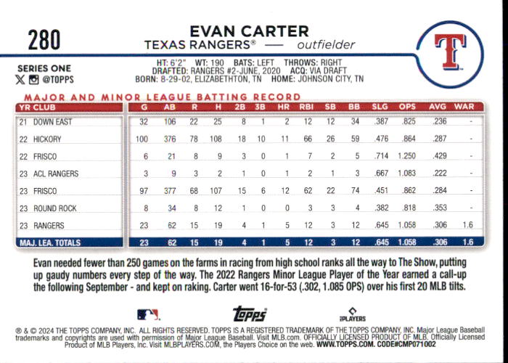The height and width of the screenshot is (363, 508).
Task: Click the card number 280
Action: (44, 39)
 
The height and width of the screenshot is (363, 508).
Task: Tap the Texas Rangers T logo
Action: (450, 52)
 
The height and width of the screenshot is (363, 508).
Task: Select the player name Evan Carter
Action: (249, 31)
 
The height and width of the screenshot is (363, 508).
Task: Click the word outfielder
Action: (326, 45)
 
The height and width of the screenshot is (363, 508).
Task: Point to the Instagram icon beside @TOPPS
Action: (33, 79)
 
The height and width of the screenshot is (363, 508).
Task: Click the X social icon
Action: (20, 79)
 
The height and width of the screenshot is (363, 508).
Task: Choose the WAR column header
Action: (464, 107)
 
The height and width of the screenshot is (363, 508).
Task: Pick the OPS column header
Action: (407, 107)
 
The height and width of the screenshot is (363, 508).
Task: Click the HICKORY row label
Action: (47, 139)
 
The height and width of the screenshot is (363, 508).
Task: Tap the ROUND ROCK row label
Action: (54, 208)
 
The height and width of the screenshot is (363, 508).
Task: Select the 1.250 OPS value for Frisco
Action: (406, 156)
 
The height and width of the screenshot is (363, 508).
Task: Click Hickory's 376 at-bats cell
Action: (170, 139)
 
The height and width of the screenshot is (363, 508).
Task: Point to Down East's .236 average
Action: (439, 121)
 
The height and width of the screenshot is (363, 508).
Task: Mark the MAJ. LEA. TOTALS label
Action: (50, 242)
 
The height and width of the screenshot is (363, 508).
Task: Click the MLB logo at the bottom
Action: (148, 314)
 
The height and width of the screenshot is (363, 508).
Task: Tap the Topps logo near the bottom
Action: (250, 314)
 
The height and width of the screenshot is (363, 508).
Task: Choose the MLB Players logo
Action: (353, 314)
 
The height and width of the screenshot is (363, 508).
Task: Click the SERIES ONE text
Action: (44, 68)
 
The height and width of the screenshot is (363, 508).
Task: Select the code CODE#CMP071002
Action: (406, 344)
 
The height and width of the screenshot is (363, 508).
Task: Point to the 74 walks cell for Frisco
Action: (355, 190)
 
